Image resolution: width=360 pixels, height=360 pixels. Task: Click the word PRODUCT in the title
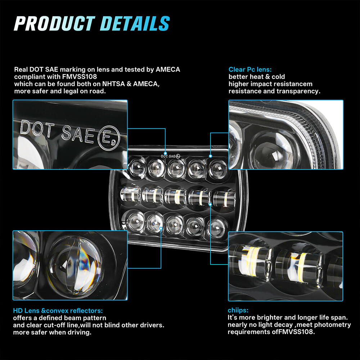pyautogui.click(x=55, y=23)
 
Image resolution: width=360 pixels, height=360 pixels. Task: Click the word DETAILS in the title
pyautogui.click(x=135, y=23)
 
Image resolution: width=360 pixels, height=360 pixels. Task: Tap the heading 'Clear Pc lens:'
pyautogui.click(x=250, y=69)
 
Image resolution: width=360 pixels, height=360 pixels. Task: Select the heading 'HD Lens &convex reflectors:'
pyautogui.click(x=58, y=311)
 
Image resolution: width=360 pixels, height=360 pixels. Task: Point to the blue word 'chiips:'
pyautogui.click(x=238, y=310)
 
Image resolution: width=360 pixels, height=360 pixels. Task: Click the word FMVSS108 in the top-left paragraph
pyautogui.click(x=80, y=76)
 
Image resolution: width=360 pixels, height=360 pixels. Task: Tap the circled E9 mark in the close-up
pyautogui.click(x=109, y=138)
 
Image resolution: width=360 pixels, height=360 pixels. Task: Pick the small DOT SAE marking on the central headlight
pyautogui.click(x=170, y=156)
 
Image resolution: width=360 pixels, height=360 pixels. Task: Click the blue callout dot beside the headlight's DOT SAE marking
pyautogui.click(x=165, y=153)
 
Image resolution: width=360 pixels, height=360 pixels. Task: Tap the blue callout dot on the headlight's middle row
pyautogui.click(x=210, y=204)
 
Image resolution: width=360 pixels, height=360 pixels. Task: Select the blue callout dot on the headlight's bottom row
pyautogui.click(x=161, y=229)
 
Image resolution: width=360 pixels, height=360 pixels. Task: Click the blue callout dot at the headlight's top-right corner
pyautogui.click(x=210, y=156)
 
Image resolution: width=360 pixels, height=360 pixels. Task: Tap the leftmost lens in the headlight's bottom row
pyautogui.click(x=135, y=221)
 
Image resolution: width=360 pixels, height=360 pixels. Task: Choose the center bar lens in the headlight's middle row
pyautogui.click(x=175, y=196)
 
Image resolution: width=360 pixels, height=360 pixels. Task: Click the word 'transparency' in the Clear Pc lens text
pyautogui.click(x=298, y=91)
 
